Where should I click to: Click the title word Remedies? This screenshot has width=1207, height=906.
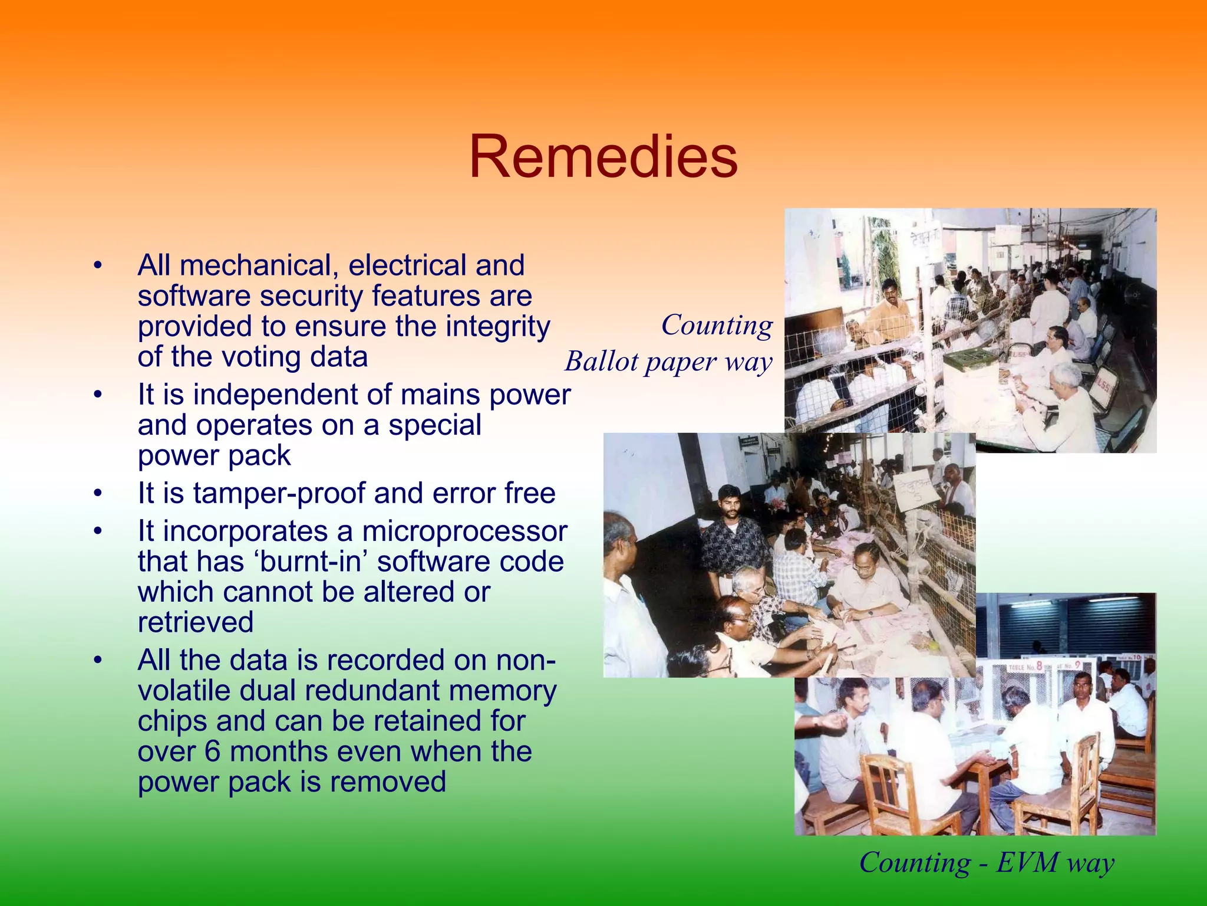click(603, 157)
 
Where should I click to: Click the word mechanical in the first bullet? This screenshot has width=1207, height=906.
click(258, 265)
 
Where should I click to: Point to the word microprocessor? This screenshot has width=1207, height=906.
click(464, 531)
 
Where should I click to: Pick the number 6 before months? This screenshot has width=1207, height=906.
click(213, 752)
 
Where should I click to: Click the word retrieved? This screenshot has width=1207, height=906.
click(196, 622)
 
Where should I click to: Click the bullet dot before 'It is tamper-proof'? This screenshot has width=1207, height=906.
click(98, 493)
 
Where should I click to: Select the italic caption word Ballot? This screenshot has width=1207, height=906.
click(601, 361)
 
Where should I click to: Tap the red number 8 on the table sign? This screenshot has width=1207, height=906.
click(1039, 667)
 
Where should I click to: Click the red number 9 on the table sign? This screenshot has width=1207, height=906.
click(1077, 667)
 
